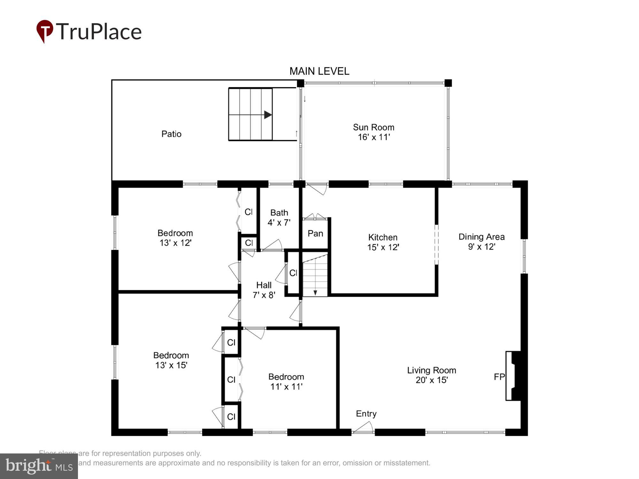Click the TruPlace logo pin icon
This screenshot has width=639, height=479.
(44, 30)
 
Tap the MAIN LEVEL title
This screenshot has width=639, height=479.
(319, 71)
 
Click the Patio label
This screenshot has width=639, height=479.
(171, 134)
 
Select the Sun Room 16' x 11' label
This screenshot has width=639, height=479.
(373, 132)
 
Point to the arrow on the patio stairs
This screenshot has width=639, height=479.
(267, 115)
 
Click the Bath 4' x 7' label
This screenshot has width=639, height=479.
(279, 217)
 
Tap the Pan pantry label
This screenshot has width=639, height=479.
(315, 233)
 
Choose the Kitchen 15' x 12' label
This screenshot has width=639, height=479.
(383, 242)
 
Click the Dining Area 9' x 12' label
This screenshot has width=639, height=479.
(481, 242)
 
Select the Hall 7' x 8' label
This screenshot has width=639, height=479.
(264, 290)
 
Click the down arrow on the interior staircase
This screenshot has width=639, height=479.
(315, 292)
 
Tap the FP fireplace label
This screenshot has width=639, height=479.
(499, 377)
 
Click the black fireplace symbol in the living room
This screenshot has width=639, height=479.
(515, 376)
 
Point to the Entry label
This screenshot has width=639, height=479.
(366, 414)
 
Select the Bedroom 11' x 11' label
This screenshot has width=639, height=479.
(286, 382)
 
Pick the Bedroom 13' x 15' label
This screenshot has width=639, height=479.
(171, 360)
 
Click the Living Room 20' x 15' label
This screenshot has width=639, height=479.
(431, 375)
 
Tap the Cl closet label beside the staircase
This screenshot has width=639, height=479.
(293, 273)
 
